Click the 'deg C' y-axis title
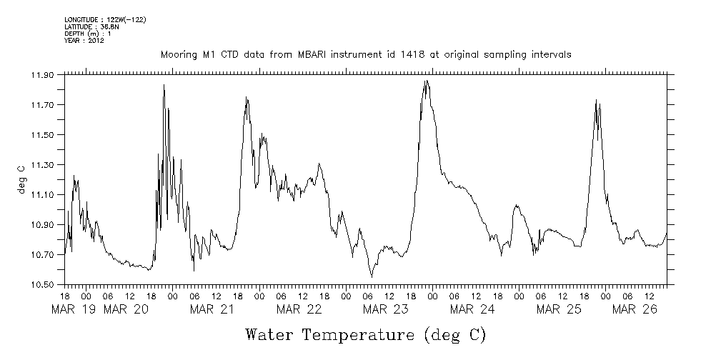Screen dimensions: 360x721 pyautogui.click(x=21, y=179)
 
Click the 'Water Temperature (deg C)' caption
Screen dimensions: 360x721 pyautogui.click(x=365, y=334)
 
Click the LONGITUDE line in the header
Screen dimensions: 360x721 pyautogui.click(x=105, y=19)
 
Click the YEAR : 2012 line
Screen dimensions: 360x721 pyautogui.click(x=84, y=41)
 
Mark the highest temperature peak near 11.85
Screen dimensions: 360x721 pyautogui.click(x=426, y=81)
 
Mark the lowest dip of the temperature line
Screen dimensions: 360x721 pyautogui.click(x=372, y=276)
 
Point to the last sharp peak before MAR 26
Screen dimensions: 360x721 pyautogui.click(x=596, y=101)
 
